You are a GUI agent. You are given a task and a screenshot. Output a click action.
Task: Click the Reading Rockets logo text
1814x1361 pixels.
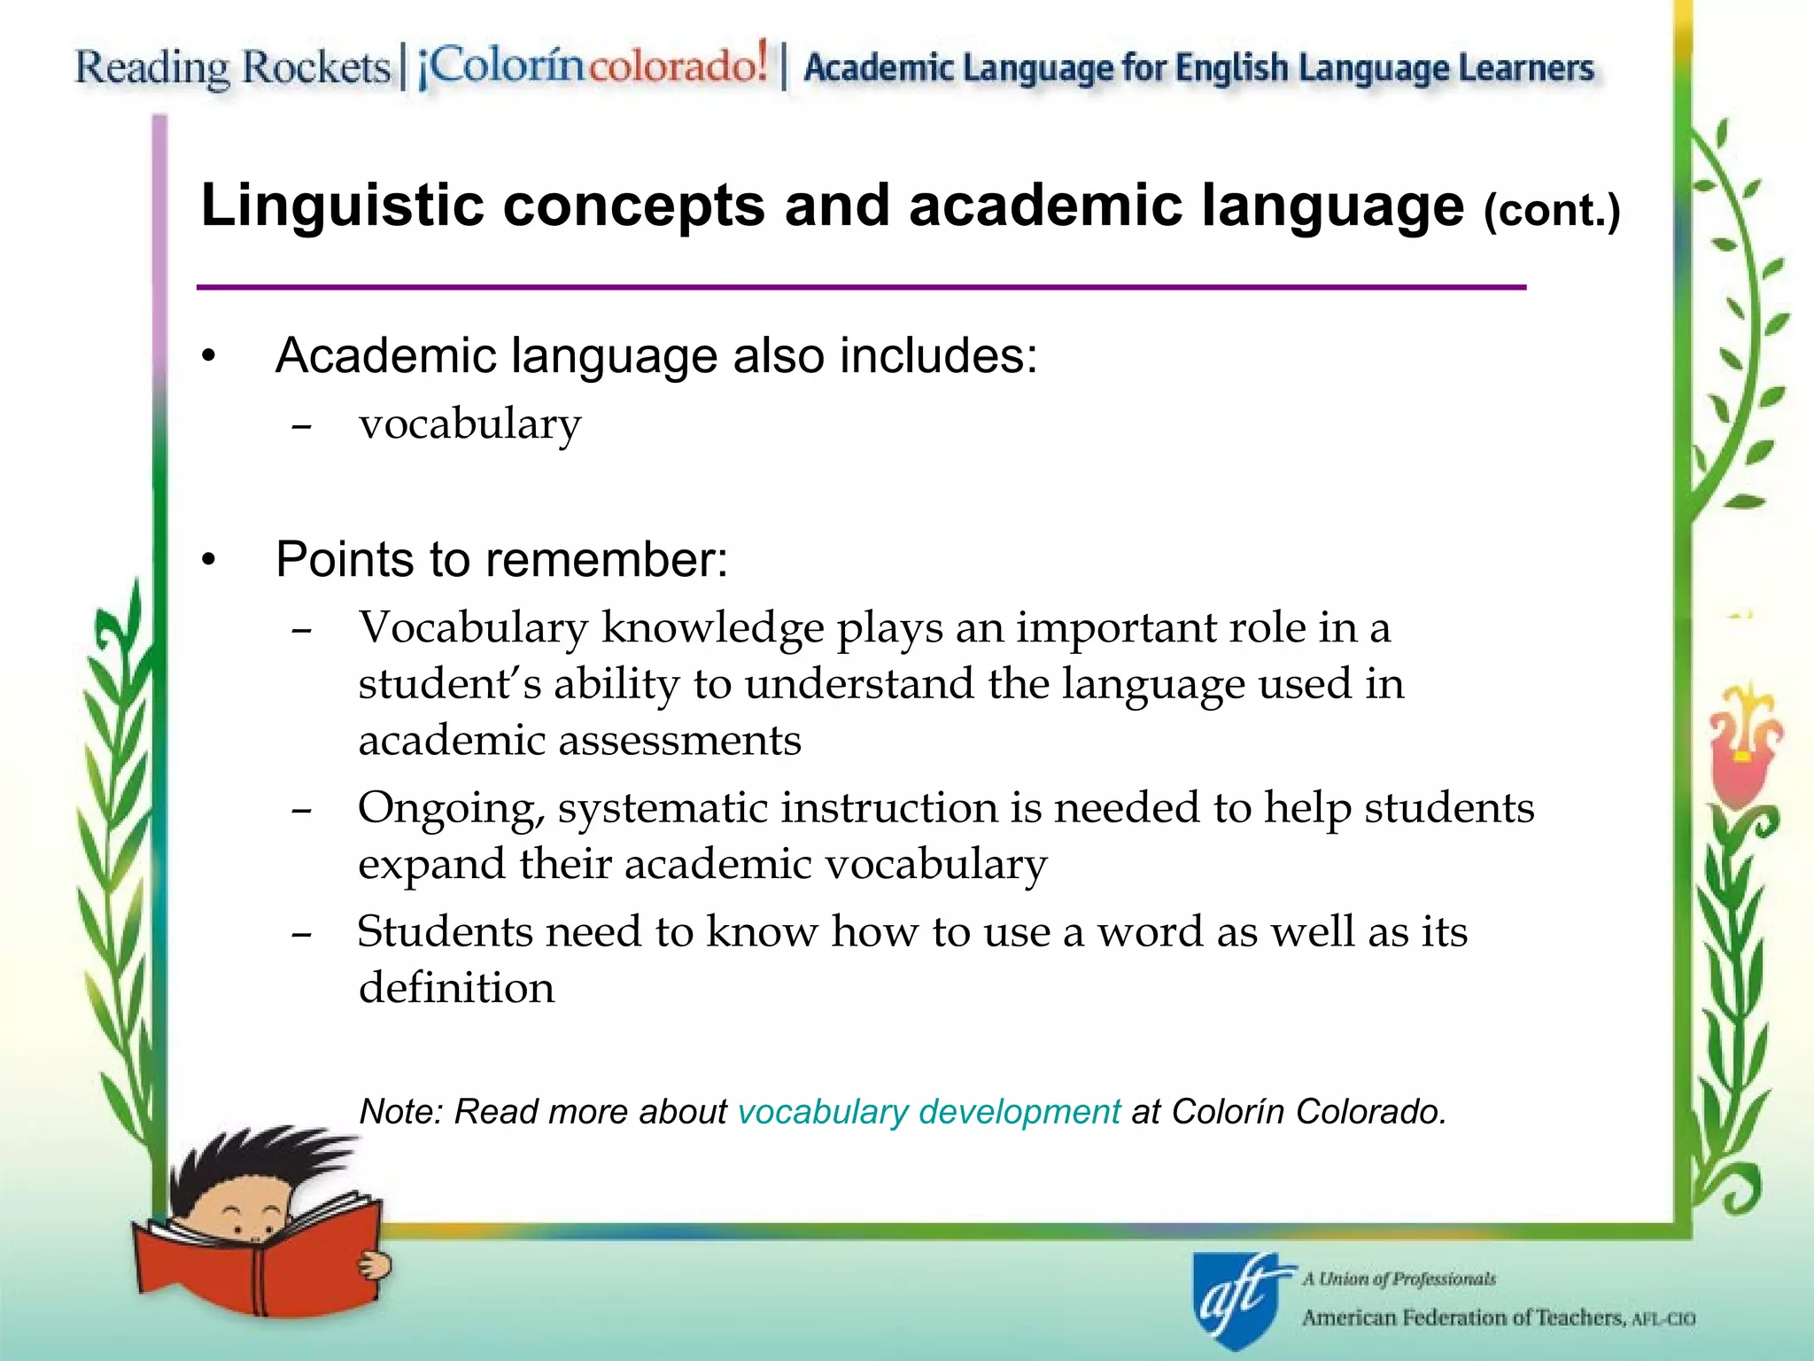coord(232,67)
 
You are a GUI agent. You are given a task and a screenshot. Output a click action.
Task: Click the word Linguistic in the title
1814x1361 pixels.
coord(342,206)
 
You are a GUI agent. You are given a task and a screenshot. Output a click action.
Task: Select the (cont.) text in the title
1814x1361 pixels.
coord(1551,211)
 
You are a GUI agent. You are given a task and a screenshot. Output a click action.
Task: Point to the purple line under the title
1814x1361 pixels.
coord(861,287)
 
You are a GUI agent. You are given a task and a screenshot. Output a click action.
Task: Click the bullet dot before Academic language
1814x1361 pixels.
coord(208,357)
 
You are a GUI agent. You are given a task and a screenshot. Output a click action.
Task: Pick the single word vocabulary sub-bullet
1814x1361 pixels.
coord(469,424)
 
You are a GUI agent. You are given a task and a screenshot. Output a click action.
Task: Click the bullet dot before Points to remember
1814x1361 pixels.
coord(208,560)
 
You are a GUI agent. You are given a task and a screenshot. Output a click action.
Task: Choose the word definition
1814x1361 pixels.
coord(456,987)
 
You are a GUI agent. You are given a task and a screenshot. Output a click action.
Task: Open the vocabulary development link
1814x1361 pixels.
coord(929,1111)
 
